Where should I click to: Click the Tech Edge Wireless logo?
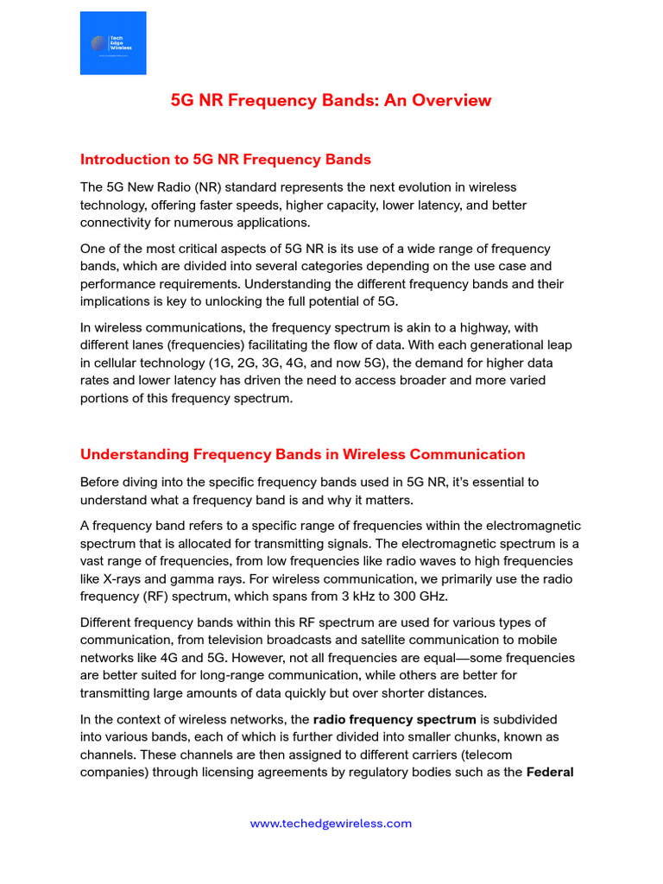(113, 43)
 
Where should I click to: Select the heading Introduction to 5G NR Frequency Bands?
(225, 159)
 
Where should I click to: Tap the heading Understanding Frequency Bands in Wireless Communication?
(302, 454)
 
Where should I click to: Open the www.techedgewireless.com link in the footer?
(331, 824)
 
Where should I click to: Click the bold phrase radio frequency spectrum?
(395, 719)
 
